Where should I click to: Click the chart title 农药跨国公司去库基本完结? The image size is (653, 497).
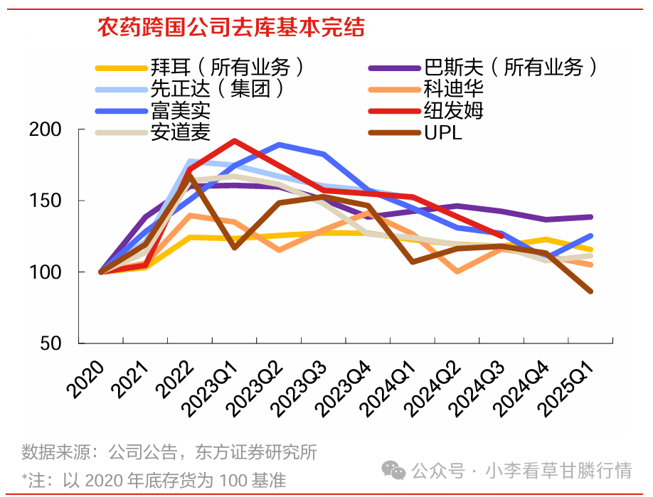[x=231, y=28]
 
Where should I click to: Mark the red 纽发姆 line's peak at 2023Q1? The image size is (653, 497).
[x=234, y=141]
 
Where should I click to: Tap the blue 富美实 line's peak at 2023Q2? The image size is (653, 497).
[x=279, y=144]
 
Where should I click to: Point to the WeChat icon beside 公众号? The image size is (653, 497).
[x=393, y=470]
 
